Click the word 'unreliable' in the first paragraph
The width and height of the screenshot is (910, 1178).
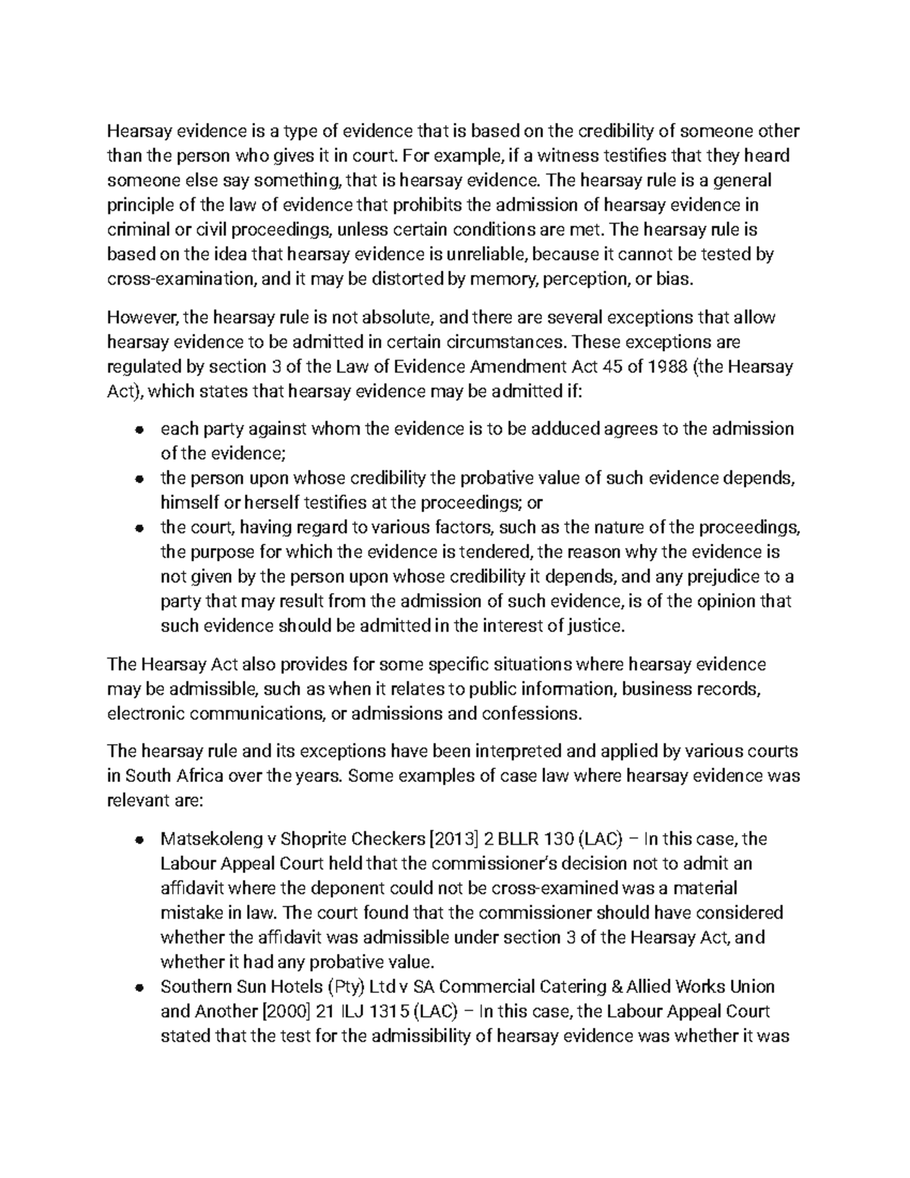tap(475, 254)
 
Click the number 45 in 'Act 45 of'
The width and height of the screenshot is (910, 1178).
tap(610, 367)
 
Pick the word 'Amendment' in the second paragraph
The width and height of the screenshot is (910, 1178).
tap(518, 367)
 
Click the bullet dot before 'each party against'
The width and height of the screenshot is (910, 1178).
tap(139, 430)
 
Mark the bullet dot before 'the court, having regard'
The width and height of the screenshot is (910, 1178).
tap(139, 528)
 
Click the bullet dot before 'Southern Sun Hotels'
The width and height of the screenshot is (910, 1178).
tap(139, 988)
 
